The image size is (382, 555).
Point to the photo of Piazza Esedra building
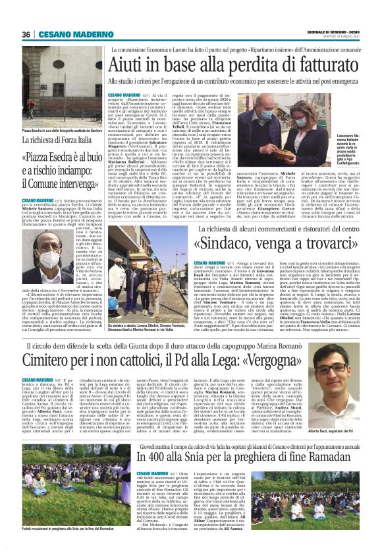pyautogui.click(x=53, y=83)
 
